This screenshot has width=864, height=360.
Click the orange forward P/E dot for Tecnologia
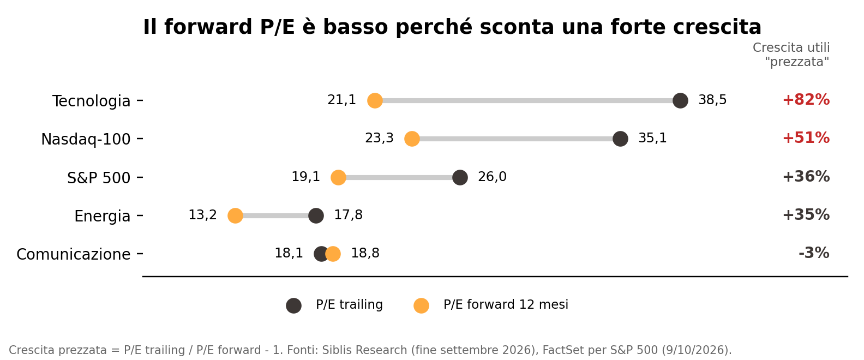pos(375,101)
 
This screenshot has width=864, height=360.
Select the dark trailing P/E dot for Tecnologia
pos(680,101)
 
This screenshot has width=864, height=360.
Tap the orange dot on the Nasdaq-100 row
pos(412,139)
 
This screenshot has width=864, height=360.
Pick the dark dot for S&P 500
pos(460,177)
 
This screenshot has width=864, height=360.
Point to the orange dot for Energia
pos(235,215)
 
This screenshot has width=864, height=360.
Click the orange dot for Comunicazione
pos(333,254)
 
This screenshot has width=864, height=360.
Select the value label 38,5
pos(712,100)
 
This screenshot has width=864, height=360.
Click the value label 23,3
pos(379,138)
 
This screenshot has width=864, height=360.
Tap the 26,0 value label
pos(492,177)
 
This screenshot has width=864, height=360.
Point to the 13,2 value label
pos(202,215)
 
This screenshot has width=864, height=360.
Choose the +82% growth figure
pos(806,100)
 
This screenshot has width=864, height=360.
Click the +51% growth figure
pos(806,138)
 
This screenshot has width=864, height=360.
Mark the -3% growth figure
pos(814,253)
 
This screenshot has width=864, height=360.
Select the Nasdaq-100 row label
pos(86,139)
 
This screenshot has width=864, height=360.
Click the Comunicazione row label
pos(73,254)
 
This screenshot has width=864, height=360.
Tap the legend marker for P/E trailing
pos(293,305)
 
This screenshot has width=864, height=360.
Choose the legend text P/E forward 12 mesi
pos(506,304)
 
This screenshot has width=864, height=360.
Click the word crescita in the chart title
pos(717,27)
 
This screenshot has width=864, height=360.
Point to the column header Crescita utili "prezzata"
pos(791,55)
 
